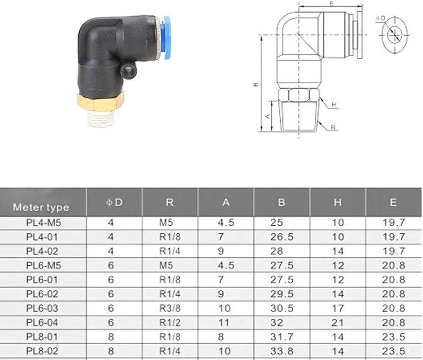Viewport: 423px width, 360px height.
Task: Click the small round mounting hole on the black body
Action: click(x=128, y=72)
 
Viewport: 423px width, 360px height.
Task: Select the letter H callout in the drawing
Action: click(x=334, y=104)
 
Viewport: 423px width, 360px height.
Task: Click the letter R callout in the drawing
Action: click(x=333, y=128)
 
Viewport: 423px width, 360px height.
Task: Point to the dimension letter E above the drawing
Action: click(x=332, y=3)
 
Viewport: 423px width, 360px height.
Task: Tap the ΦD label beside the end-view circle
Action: click(x=381, y=18)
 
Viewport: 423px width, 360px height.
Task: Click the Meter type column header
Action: click(x=41, y=207)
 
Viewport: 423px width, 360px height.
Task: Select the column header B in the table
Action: click(x=281, y=202)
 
